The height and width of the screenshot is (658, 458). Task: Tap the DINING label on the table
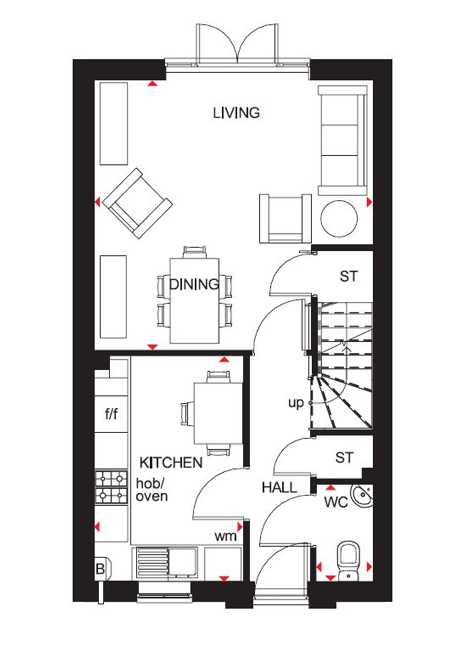(194, 284)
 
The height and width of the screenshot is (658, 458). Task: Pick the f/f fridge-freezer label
(111, 414)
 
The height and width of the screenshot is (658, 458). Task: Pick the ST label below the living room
(349, 276)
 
